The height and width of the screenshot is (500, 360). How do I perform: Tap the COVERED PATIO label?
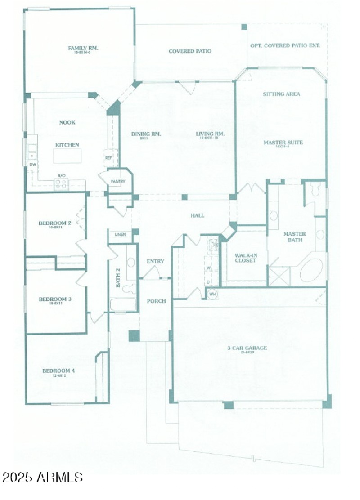pyautogui.click(x=190, y=51)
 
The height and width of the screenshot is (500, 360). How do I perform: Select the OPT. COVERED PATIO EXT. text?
pyautogui.click(x=285, y=46)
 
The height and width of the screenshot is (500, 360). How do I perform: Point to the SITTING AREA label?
pyautogui.click(x=281, y=94)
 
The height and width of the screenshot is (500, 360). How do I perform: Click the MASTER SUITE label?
pyautogui.click(x=283, y=143)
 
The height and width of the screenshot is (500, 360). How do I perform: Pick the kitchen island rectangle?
pyautogui.click(x=67, y=156)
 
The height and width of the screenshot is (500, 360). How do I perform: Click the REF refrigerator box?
pyautogui.click(x=108, y=158)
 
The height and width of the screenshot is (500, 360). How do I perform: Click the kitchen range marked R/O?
pyautogui.click(x=62, y=183)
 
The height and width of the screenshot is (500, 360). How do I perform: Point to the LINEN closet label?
pyautogui.click(x=120, y=235)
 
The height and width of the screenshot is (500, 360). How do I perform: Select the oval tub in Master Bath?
pyautogui.click(x=311, y=270)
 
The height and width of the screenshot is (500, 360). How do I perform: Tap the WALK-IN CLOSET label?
pyautogui.click(x=246, y=258)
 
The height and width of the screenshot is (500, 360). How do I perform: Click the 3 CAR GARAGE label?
pyautogui.click(x=247, y=348)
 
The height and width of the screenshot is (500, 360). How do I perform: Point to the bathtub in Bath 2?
pyautogui.click(x=123, y=304)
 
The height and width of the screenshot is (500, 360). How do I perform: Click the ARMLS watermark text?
pyautogui.click(x=43, y=477)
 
